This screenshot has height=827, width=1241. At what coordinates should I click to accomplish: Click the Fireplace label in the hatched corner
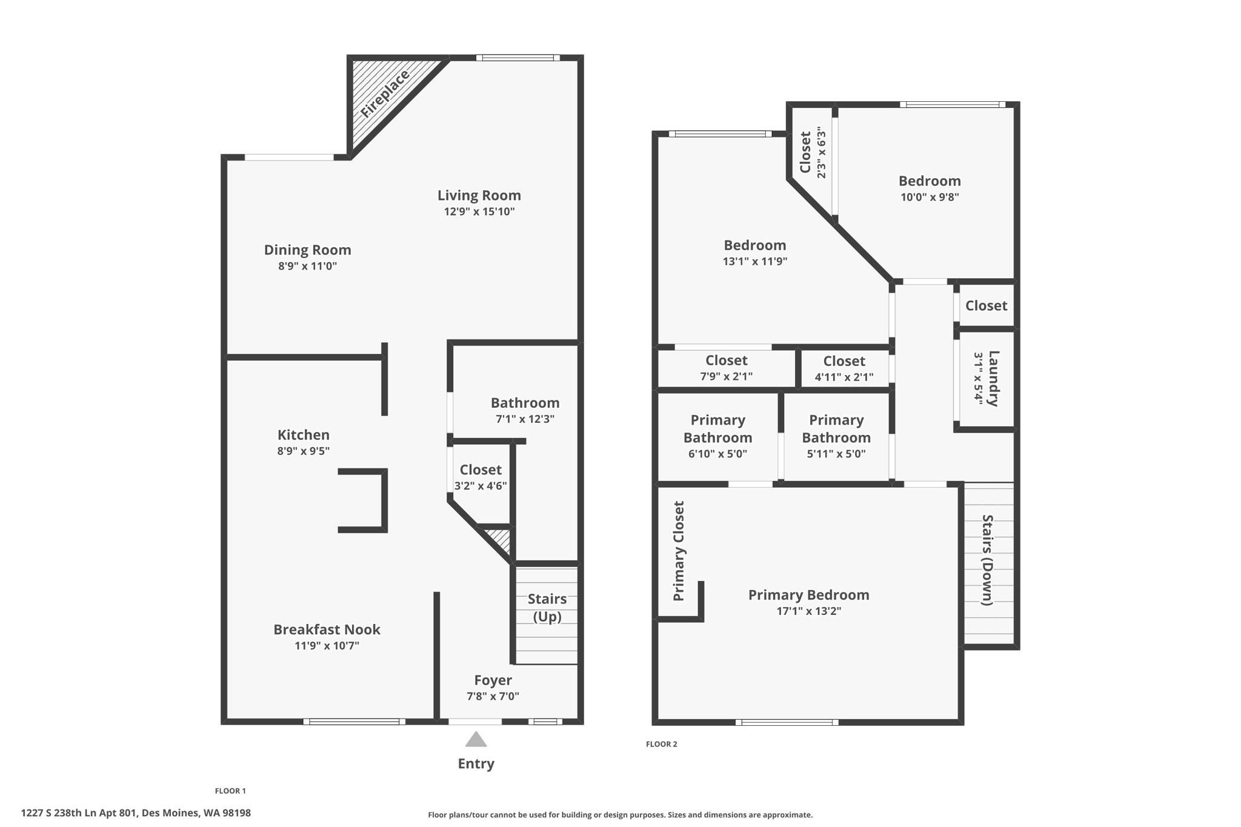click(x=385, y=94)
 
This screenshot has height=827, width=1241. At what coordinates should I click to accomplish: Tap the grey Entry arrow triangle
click(x=476, y=740)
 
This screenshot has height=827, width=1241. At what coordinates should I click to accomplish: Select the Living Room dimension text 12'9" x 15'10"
click(x=479, y=211)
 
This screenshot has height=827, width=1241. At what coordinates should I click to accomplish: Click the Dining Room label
click(x=307, y=250)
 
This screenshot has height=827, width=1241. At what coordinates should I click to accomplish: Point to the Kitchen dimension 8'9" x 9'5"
click(x=303, y=451)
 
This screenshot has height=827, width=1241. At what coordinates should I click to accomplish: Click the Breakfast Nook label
click(x=327, y=629)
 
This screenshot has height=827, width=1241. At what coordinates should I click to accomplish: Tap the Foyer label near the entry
click(x=493, y=680)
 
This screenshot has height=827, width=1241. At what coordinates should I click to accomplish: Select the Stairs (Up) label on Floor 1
click(x=547, y=607)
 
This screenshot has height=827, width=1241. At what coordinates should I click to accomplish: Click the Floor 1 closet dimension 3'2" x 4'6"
click(x=481, y=485)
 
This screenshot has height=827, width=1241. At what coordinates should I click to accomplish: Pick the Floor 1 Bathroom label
click(x=525, y=403)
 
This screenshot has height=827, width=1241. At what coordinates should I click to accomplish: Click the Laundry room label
click(x=993, y=378)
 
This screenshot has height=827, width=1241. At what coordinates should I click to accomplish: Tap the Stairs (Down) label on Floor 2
click(x=987, y=560)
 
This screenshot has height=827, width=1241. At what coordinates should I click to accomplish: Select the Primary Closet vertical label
click(x=679, y=551)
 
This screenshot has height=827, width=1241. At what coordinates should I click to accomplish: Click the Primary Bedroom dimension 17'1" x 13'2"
click(x=808, y=611)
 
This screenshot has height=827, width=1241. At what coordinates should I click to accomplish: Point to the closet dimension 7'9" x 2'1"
click(x=726, y=376)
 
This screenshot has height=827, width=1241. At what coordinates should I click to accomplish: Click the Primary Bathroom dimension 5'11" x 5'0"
click(x=836, y=454)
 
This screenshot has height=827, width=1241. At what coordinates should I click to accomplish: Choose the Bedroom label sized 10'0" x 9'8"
click(x=929, y=181)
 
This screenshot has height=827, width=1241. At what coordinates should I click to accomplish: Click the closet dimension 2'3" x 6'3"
click(x=821, y=153)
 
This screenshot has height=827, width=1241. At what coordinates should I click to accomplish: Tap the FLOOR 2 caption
click(x=661, y=744)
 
